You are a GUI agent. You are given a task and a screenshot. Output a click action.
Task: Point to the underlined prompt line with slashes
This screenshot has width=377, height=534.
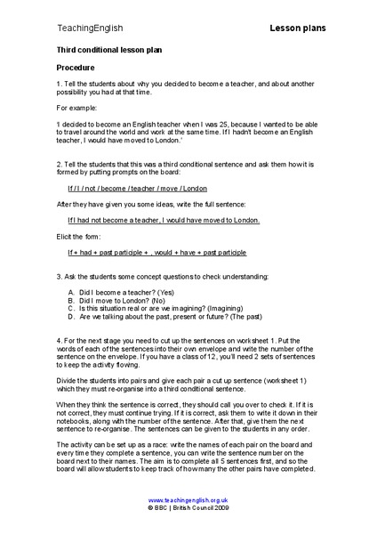137,189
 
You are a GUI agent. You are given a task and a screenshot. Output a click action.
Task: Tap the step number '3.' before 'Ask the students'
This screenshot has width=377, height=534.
59,276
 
